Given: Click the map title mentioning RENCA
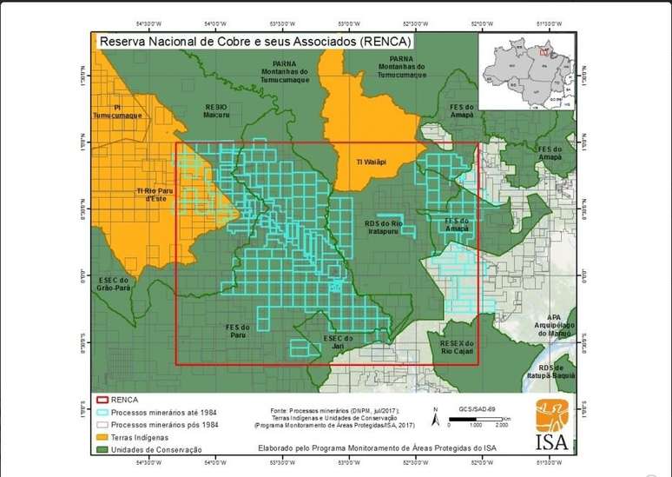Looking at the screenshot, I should pos(255,40).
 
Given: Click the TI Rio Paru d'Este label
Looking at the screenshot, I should pos(151,195).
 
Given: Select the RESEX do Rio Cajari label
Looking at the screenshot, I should pos(457,348).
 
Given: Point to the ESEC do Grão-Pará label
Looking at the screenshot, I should pos(116,284).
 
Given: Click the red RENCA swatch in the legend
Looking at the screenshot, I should pos(102,401).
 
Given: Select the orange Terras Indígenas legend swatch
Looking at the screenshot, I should pos(102,437).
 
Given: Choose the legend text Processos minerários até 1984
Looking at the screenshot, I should pos(161,413).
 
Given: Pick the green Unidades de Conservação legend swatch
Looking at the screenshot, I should pos(102,449).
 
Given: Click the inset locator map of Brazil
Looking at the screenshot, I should pos(527,70).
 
